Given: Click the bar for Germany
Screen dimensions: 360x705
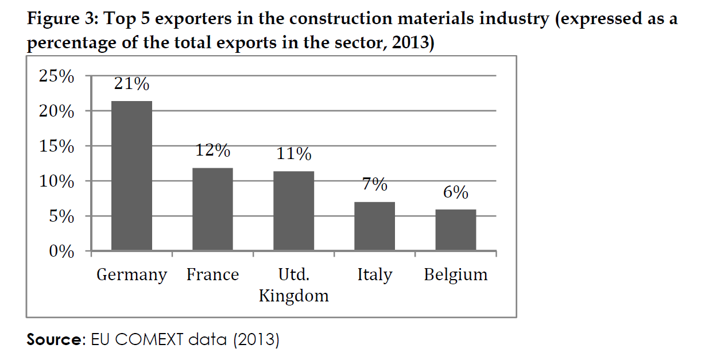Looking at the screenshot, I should (x=131, y=176).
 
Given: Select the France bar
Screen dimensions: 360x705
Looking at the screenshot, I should (x=212, y=209).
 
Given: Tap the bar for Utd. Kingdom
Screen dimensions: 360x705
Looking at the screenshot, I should (x=293, y=211).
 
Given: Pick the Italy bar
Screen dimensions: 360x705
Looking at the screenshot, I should (x=374, y=226).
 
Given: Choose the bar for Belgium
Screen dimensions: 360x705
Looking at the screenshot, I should (x=455, y=230).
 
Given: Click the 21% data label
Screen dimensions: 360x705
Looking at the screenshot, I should (x=131, y=84).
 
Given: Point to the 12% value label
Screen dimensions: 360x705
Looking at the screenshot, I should (x=212, y=150).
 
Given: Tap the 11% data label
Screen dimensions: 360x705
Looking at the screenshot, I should (x=293, y=154).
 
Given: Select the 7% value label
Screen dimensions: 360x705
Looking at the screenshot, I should (x=374, y=184).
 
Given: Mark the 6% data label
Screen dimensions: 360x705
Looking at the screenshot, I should (x=455, y=192).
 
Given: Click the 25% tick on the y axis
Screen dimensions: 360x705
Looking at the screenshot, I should (x=56, y=76).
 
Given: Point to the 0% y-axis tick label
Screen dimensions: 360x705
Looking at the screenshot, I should (x=60, y=252).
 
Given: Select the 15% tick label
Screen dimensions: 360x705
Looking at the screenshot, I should (x=56, y=146).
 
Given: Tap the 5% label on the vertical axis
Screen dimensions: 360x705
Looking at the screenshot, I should (x=60, y=217).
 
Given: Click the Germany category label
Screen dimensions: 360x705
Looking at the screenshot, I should (x=131, y=275).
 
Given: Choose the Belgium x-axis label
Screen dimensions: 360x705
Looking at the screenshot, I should (x=455, y=275).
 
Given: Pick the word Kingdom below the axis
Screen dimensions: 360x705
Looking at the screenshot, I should (x=293, y=296).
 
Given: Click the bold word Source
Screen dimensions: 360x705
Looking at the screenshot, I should (x=55, y=340).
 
